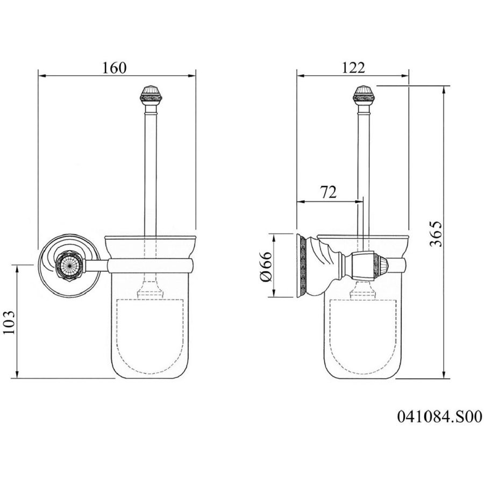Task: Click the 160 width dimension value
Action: tap(114, 68)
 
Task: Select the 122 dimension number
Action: tap(353, 68)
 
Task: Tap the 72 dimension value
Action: tap(329, 193)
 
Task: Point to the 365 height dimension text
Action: tap(436, 233)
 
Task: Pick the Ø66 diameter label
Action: tap(266, 266)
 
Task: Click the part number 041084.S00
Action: tap(439, 417)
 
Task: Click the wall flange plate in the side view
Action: tap(301, 266)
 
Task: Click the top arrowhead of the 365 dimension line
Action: tap(444, 90)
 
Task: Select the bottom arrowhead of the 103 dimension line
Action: tap(17, 374)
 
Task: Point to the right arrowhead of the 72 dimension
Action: tap(359, 202)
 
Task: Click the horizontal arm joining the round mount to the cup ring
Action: tap(96, 266)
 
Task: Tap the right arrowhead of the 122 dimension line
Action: tap(404, 75)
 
